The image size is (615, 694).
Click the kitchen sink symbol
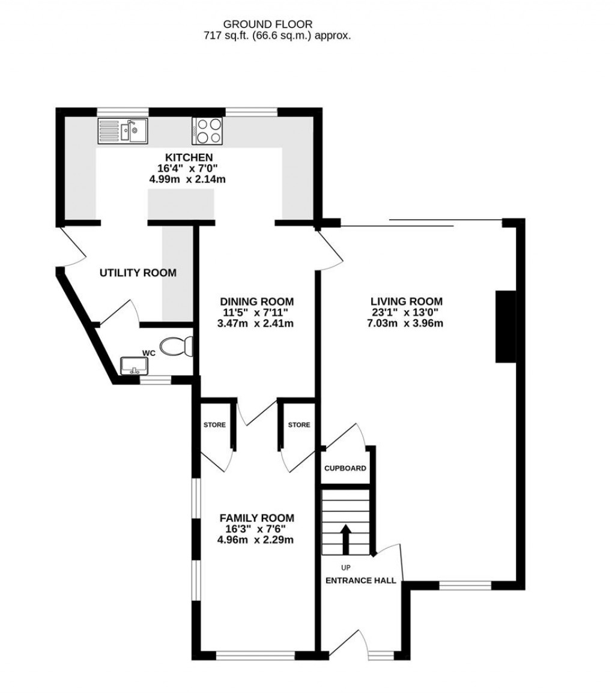[x=123, y=130]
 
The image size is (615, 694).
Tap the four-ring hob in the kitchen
[x=207, y=130]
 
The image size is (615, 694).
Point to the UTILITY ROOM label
[x=138, y=273]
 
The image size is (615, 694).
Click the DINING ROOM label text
[x=256, y=301]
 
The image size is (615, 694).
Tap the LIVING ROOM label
[x=407, y=301]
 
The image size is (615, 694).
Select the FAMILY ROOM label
[x=256, y=517]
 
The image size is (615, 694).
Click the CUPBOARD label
[x=345, y=468]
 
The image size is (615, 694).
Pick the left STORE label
[x=214, y=425]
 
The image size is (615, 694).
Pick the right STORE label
[x=299, y=425]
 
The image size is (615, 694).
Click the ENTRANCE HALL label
[x=360, y=581]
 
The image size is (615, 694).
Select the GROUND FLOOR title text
[x=268, y=24]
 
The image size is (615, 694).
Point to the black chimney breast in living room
[x=506, y=327]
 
